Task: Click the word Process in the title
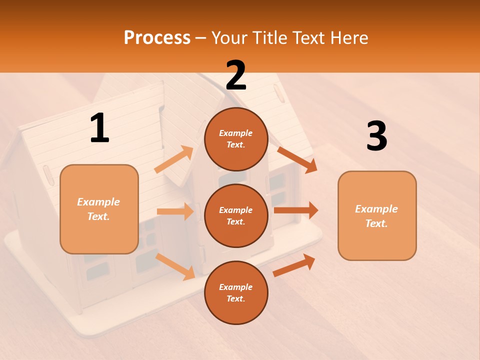pos(157,38)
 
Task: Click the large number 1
pos(99,128)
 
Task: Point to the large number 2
pos(236,75)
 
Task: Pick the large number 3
pos(376,136)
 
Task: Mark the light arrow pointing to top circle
pos(174,159)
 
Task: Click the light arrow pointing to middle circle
pos(175,211)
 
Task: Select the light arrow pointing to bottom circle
pos(175,266)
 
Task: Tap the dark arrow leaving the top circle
pos(297,159)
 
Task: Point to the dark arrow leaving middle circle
pos(296,210)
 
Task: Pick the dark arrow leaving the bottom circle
pos(294,265)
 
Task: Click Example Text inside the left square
pos(99,209)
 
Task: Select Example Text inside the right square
pos(376,216)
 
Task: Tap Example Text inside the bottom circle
pos(236,292)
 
